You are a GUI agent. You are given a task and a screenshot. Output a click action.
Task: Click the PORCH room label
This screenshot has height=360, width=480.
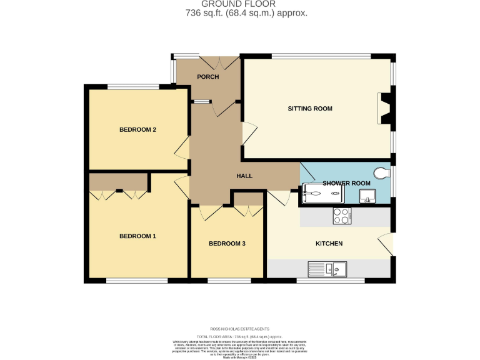point(207,77)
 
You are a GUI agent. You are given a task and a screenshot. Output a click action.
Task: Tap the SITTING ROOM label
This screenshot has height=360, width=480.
point(309,109)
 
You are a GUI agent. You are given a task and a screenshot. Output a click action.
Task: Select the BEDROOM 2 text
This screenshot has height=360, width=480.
point(137,130)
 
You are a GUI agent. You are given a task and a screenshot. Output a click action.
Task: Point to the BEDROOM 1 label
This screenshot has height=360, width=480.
point(137,236)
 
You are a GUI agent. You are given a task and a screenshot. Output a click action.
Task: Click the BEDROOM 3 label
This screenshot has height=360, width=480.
point(226,243)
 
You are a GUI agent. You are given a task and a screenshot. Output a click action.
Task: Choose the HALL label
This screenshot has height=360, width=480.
point(244,176)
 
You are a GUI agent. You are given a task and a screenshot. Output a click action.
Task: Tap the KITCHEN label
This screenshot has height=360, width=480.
point(329,243)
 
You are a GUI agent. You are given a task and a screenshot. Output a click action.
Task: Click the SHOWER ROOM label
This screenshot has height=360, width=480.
point(346,183)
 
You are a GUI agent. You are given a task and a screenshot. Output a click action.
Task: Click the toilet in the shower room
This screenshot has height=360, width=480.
point(381,171)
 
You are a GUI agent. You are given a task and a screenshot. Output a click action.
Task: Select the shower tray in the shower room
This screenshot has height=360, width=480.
point(322,194)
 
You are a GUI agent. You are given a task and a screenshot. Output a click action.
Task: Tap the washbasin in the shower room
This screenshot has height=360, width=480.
point(367,199)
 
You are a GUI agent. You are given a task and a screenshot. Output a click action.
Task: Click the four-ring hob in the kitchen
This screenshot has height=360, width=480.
point(342,216)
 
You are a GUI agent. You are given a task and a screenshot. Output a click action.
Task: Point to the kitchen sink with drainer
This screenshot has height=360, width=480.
point(327,270)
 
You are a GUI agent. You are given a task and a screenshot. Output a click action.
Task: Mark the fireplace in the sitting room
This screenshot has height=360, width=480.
point(386,109)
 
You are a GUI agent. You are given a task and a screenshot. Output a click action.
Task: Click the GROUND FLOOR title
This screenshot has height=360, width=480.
point(240,4)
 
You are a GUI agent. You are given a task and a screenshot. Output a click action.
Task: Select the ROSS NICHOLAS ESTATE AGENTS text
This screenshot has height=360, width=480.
point(240,328)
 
